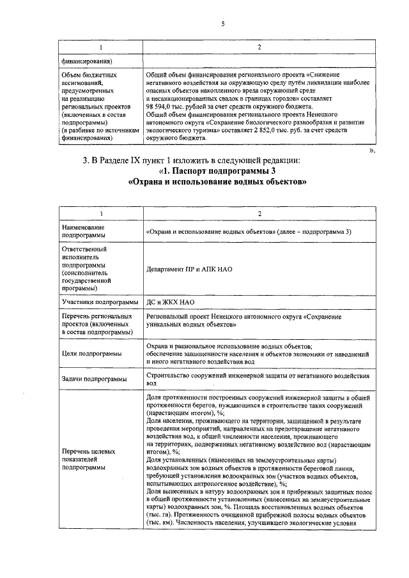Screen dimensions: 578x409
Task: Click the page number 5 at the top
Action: click(223, 24)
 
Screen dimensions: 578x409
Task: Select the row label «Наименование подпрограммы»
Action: click(83, 231)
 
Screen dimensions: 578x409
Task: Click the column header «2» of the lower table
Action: click(259, 213)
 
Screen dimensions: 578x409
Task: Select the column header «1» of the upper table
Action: click(100, 48)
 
